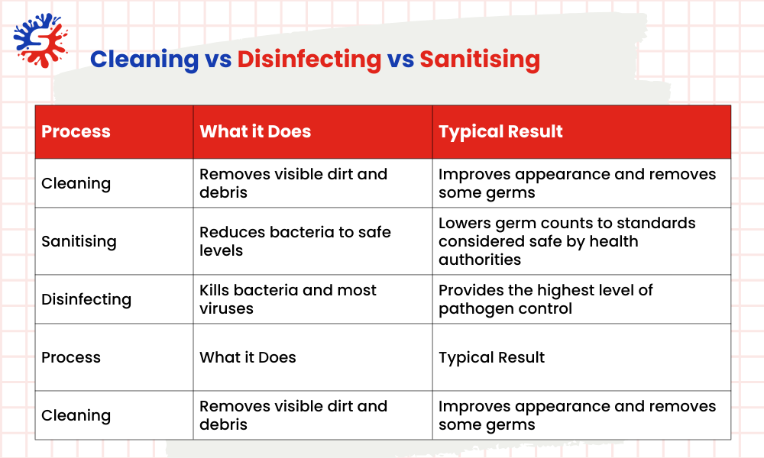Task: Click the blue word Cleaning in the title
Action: coord(144,59)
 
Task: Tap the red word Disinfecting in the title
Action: coord(309,59)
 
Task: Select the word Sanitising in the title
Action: coord(480,59)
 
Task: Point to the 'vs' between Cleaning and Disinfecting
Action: coord(218,60)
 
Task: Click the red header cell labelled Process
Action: coord(76,131)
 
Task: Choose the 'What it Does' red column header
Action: coord(255,131)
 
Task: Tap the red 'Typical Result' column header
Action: coord(500,131)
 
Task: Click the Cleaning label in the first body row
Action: coord(76,183)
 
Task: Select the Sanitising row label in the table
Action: coord(79,241)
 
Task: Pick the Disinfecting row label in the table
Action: coord(86,299)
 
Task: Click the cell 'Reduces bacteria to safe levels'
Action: coord(295,241)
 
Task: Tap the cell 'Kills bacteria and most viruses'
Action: coord(288,299)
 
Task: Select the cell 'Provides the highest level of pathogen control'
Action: coord(545,299)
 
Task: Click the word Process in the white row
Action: coord(71,357)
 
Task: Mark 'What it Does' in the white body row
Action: coord(248,357)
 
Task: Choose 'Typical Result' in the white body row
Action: coord(491,357)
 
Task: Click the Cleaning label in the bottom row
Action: coord(76,415)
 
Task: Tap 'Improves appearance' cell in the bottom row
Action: coord(577,415)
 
